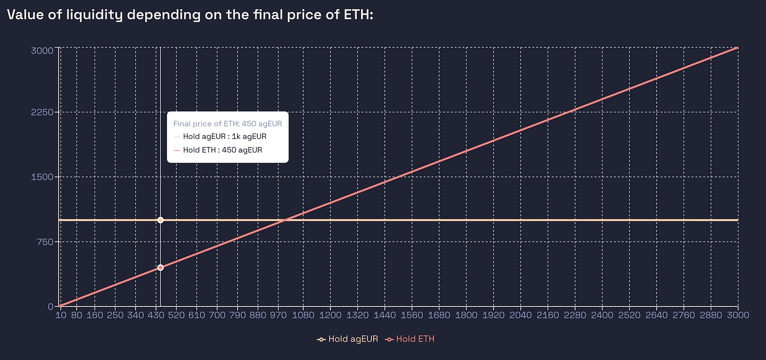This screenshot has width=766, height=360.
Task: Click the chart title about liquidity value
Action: click(189, 15)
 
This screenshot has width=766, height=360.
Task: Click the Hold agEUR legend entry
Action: click(348, 339)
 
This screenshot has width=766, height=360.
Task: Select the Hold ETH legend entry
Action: click(410, 339)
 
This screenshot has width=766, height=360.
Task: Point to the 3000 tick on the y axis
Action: click(42, 50)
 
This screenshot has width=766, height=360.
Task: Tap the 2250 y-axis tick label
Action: click(42, 113)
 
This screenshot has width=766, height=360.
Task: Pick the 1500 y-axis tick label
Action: click(42, 177)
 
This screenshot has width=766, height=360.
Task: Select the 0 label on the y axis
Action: click(50, 306)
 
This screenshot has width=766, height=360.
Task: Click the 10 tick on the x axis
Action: click(60, 316)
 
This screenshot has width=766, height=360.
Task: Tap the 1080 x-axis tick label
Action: click(303, 316)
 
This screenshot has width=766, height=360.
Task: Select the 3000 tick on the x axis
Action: click(738, 316)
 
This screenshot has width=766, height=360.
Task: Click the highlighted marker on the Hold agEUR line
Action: click(160, 220)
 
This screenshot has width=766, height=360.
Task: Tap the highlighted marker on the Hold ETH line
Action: click(160, 268)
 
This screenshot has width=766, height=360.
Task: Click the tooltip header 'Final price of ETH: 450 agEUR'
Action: click(227, 124)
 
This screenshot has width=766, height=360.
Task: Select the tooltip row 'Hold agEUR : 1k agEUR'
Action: click(224, 137)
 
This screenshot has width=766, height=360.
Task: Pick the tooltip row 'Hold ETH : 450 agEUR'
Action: click(222, 150)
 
